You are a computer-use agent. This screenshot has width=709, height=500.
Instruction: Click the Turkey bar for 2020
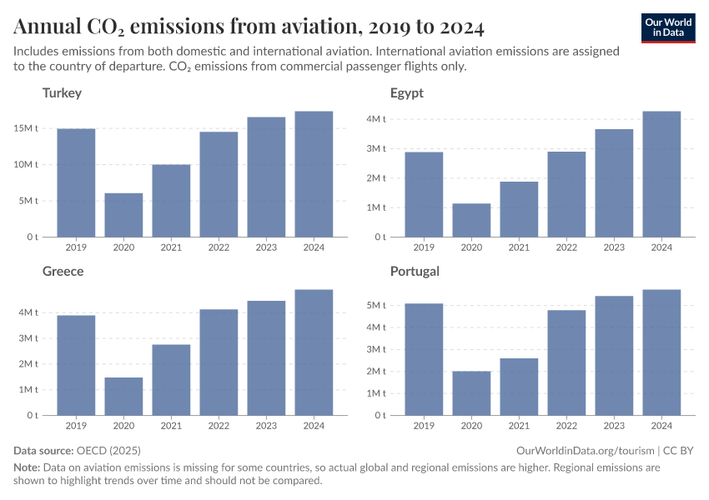point(123,215)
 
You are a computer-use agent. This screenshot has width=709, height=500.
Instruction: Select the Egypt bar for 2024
point(661,174)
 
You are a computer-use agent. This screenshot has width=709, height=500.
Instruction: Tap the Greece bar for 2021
point(171,379)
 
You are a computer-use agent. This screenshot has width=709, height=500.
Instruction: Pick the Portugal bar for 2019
point(424,359)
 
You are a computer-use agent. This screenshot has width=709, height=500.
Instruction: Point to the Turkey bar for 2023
point(266,177)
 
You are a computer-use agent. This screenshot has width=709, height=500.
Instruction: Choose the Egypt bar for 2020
point(471,220)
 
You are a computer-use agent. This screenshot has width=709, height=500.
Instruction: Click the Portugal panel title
point(415,271)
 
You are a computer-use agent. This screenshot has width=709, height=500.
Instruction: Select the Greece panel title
point(63,271)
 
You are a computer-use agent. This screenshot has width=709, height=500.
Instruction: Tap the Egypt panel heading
point(406,92)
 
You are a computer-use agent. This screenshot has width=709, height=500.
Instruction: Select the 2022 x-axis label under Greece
point(219,426)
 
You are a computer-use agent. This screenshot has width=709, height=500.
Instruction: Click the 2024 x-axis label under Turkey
point(314,247)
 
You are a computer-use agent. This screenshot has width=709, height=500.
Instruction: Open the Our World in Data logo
point(668,27)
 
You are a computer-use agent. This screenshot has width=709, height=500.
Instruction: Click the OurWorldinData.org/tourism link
point(584,450)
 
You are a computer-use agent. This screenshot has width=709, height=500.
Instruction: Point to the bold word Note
point(27,467)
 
